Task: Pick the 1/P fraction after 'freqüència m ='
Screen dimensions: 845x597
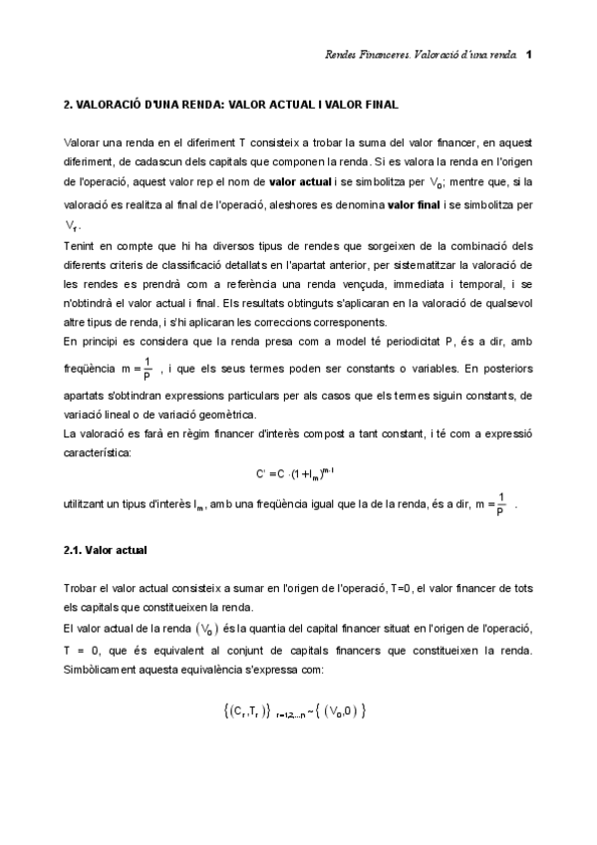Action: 148,368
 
